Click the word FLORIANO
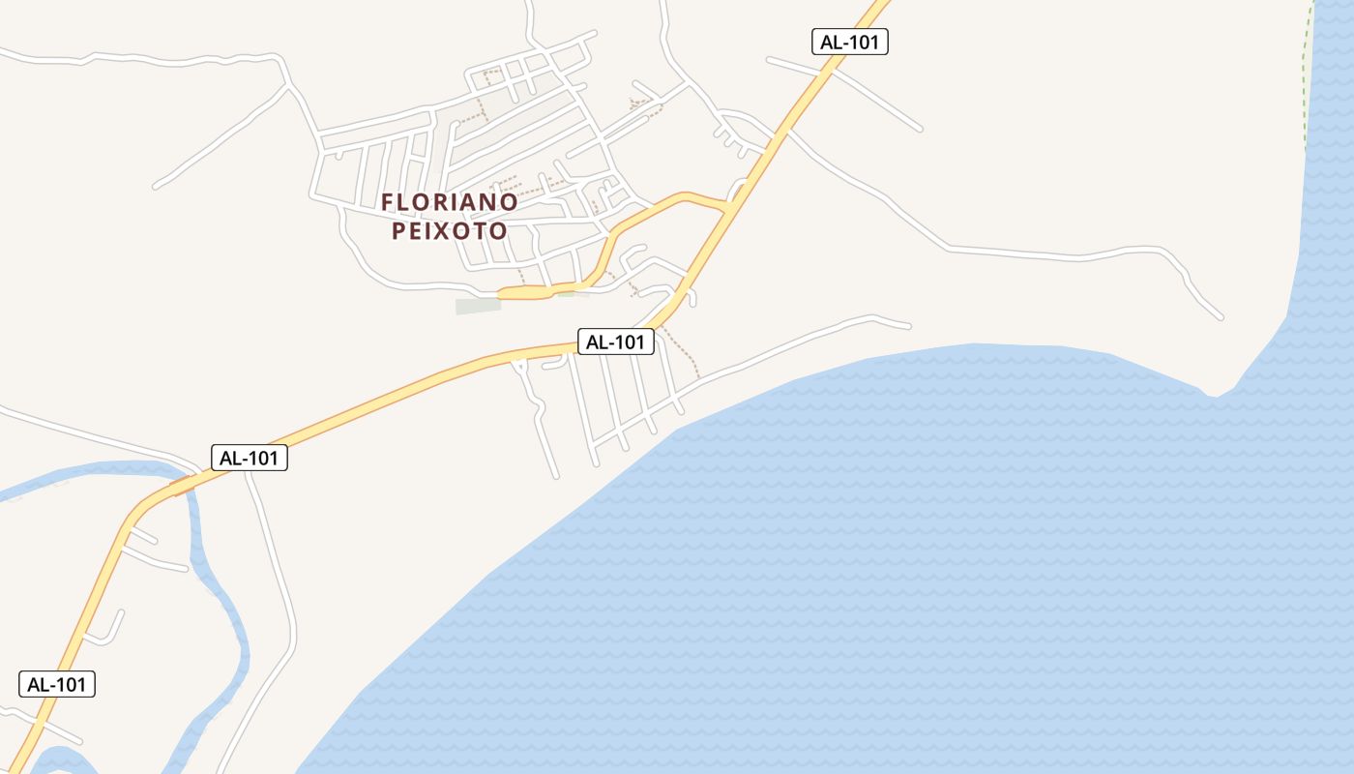coord(449,202)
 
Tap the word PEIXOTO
coord(449,231)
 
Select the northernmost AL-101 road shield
coord(849,42)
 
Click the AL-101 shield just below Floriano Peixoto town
coord(616,342)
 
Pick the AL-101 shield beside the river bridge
coord(250,458)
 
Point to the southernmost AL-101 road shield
coord(57,684)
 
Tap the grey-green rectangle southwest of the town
coord(479,306)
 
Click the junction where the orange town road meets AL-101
coord(726,206)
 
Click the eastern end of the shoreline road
coord(907,326)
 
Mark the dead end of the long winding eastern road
coord(1221,316)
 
